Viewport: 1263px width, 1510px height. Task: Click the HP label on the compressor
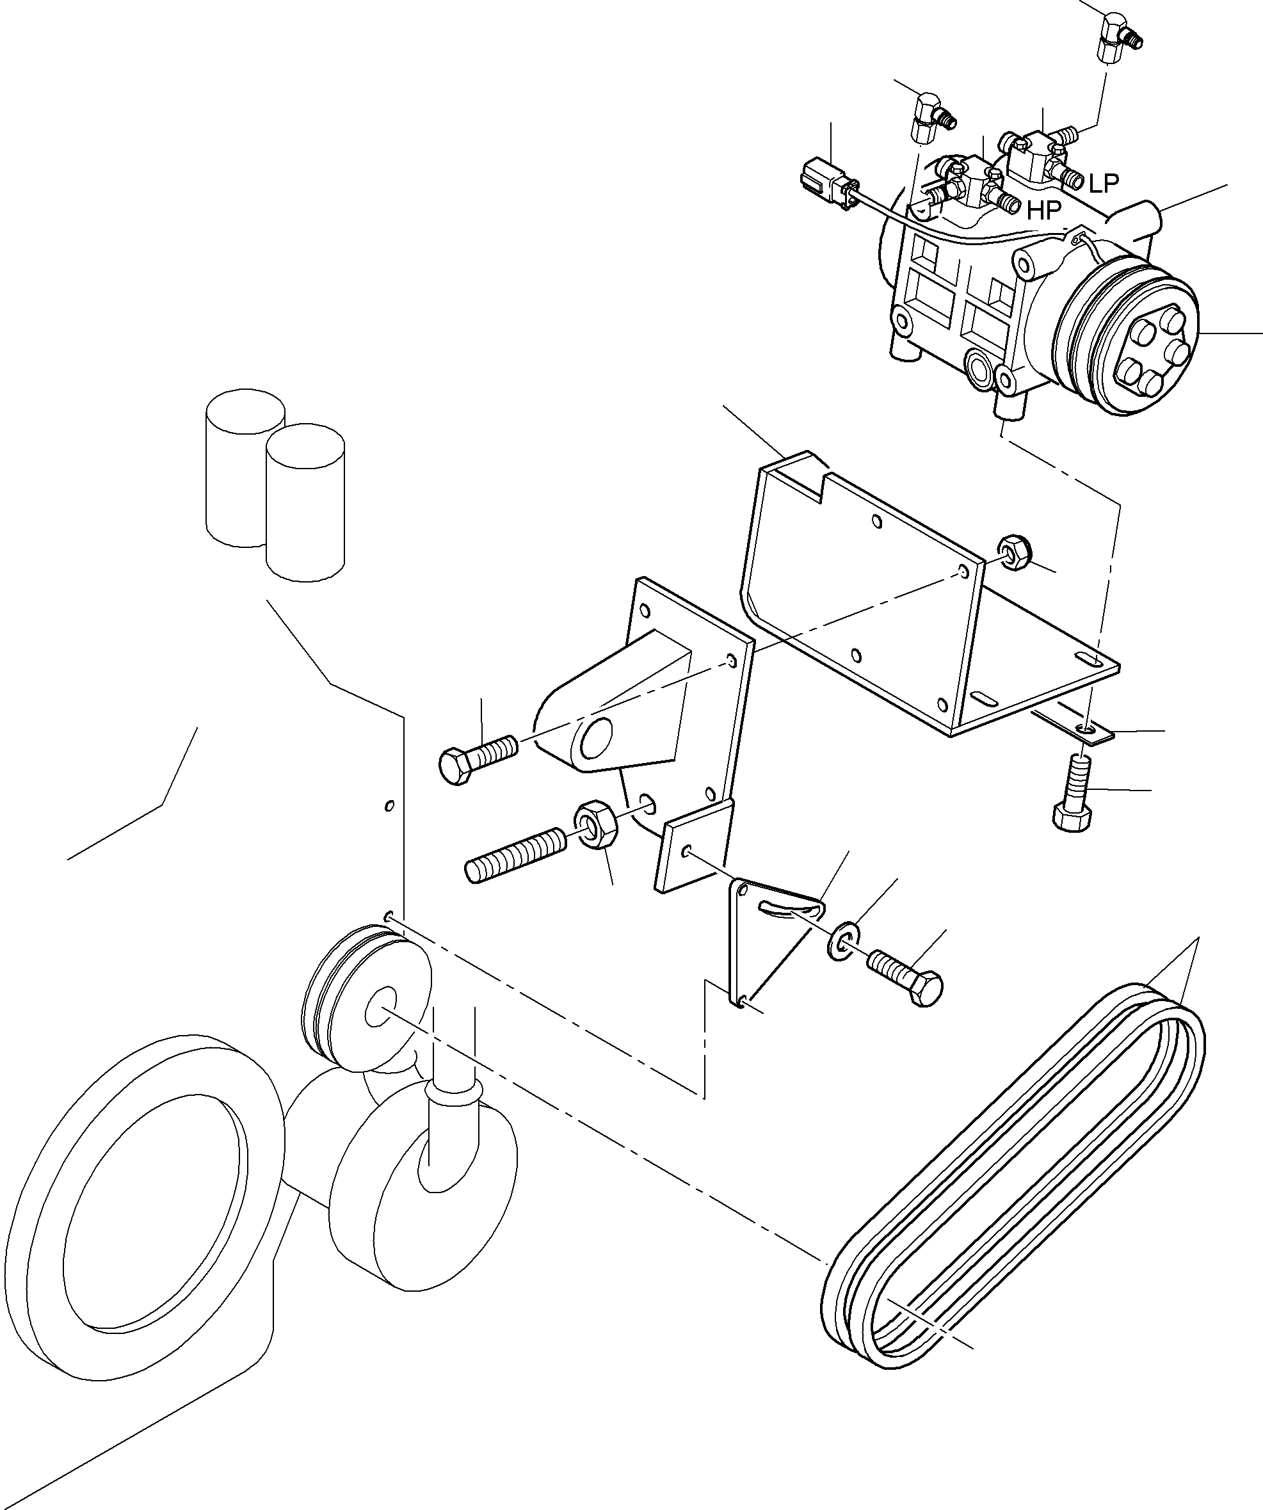click(x=1043, y=210)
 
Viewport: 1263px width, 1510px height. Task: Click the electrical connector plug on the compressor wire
click(x=826, y=186)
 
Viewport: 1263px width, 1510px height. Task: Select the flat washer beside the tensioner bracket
click(x=839, y=943)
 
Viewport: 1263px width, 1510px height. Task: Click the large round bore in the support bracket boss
click(x=596, y=739)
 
